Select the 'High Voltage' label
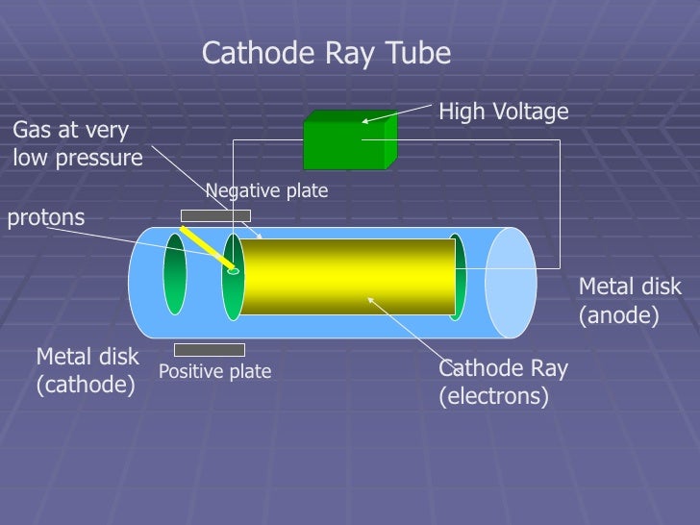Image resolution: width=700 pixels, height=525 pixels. (504, 113)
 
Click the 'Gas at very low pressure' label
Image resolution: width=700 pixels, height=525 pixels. (75, 143)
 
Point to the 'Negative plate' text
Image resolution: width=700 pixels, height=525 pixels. (267, 192)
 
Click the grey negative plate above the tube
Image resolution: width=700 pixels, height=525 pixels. (215, 215)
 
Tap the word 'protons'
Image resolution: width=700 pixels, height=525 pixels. (46, 217)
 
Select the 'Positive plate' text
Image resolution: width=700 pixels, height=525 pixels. (214, 371)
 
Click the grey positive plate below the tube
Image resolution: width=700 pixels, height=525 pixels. (209, 350)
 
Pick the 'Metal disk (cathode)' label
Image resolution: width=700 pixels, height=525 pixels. (87, 370)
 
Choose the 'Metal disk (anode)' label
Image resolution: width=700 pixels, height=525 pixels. (629, 300)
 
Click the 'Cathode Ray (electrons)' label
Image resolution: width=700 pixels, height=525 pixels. (503, 383)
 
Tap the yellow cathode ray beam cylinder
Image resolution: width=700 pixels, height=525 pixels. (346, 277)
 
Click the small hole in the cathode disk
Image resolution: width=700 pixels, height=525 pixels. (233, 271)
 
